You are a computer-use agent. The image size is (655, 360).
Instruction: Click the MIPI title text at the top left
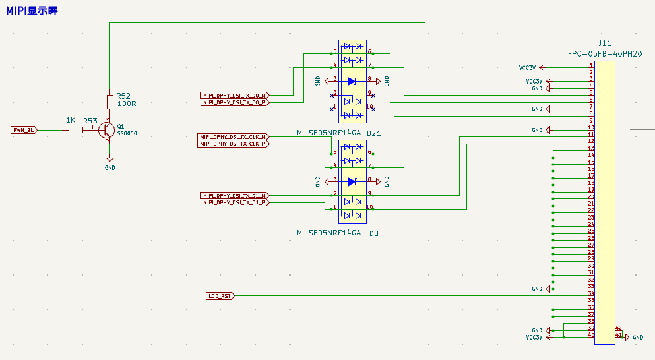tap(32, 12)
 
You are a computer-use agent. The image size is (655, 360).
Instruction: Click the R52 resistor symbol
tap(110, 102)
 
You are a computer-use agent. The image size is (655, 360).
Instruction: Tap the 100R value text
tap(126, 104)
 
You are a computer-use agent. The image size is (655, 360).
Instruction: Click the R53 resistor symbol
tap(76, 130)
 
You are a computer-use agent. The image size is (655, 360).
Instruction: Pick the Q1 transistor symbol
tap(106, 131)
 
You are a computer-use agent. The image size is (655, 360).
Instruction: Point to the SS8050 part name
tap(127, 133)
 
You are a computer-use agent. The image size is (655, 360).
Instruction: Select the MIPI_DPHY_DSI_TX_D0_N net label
tap(234, 96)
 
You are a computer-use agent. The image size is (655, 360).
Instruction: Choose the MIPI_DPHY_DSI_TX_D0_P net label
tap(234, 102)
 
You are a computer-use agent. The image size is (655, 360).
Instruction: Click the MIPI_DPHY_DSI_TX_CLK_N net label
tap(234, 137)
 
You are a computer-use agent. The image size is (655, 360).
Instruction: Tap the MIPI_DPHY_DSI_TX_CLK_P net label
tap(234, 144)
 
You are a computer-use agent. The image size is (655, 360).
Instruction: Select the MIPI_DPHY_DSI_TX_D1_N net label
tap(234, 196)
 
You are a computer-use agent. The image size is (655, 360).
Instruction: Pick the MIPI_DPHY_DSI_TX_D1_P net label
tap(234, 202)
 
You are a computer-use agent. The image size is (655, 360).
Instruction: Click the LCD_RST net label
tap(220, 296)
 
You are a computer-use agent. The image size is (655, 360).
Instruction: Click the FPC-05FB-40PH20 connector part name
tap(604, 53)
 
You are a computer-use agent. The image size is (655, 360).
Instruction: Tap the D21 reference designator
tap(374, 133)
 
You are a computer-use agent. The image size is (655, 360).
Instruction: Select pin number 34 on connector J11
tap(591, 293)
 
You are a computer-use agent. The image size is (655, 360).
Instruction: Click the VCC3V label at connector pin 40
tap(535, 337)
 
